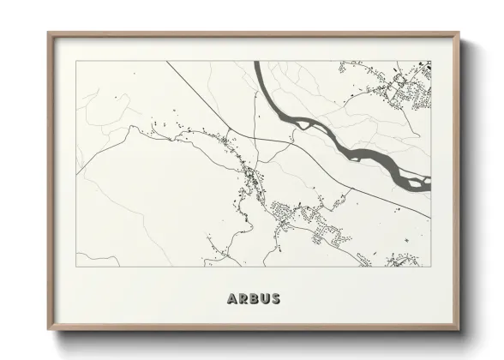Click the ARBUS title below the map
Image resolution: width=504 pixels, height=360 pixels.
tap(253, 298)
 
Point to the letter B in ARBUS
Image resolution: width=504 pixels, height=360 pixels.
tap(253, 298)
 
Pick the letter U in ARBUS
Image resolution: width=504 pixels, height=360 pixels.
tap(264, 298)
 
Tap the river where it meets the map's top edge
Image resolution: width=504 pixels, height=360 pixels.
tap(261, 63)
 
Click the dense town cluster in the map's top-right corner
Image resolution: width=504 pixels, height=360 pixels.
tap(403, 86)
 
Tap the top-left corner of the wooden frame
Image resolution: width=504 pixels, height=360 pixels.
tap(48, 33)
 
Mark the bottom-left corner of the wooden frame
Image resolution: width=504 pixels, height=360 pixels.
tap(48, 330)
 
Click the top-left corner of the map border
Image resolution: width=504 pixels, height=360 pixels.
tap(76, 61)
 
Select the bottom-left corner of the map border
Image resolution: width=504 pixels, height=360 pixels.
tap(76, 266)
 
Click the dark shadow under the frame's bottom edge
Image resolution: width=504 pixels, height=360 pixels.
tap(257, 336)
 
